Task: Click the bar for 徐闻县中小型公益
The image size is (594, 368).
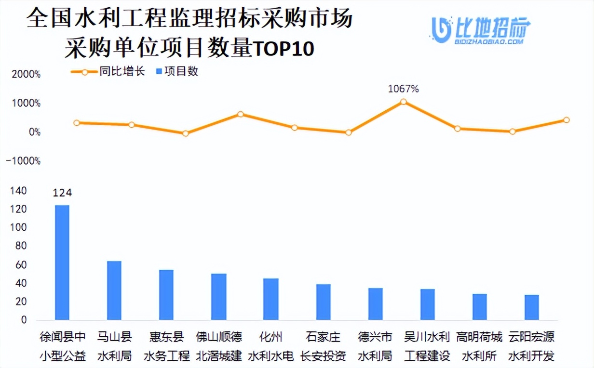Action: point(62,263)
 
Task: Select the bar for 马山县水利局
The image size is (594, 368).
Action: point(114,290)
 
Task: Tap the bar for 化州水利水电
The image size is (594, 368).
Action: point(270,299)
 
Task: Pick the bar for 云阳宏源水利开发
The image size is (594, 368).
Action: point(532,307)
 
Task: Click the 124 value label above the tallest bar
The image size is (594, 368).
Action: point(62,193)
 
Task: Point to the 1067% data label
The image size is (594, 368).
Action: point(404,89)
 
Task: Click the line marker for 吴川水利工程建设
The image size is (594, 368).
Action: point(404,102)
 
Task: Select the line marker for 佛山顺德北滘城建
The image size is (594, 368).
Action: point(240,114)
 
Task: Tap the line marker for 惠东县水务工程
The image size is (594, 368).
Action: point(186,133)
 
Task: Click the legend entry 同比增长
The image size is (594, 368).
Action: point(108,72)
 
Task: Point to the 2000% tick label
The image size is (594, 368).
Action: point(24,75)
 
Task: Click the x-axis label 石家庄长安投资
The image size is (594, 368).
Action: point(323,346)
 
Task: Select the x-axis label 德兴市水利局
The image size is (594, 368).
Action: point(375,346)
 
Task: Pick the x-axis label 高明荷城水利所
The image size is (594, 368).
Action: point(479,346)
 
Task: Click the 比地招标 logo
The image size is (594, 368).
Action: point(481,30)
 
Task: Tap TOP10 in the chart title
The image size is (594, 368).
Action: point(283,49)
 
